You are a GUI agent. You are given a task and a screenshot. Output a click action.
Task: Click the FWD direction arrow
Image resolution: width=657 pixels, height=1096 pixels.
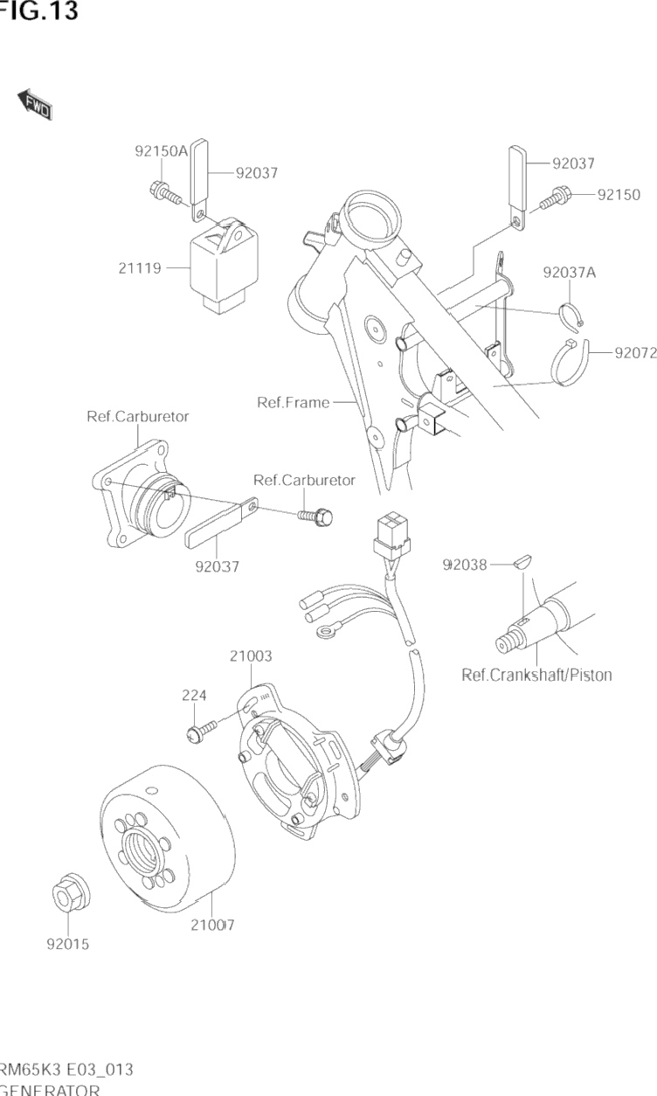coord(35,104)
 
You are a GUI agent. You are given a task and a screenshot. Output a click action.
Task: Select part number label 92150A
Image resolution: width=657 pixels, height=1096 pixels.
coord(161,150)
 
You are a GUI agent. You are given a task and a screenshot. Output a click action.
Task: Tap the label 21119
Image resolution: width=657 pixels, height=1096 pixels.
coord(140,268)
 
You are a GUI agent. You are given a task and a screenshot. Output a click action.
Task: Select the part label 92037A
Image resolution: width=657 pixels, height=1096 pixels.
coord(569,272)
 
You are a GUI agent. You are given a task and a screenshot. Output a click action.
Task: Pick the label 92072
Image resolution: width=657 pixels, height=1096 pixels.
coord(635,353)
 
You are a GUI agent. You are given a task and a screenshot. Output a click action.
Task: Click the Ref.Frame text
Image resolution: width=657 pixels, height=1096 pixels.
coord(294,402)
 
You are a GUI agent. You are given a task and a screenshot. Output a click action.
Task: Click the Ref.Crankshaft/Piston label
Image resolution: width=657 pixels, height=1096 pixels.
coord(536,674)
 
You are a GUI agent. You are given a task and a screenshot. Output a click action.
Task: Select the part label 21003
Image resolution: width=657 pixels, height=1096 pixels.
coord(251,655)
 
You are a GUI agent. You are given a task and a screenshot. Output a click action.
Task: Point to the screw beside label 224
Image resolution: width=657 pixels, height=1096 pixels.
coord(196,732)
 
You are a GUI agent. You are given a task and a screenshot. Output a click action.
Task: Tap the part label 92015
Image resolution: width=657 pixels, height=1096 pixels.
coord(68,944)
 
